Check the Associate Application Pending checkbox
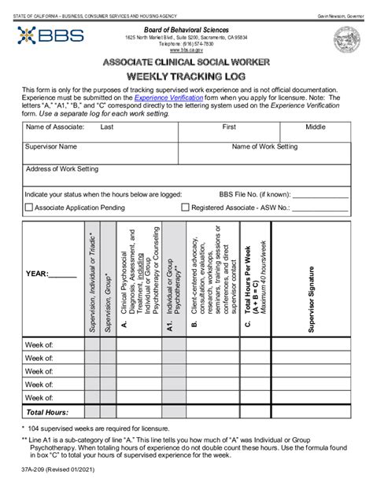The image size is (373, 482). (29, 208)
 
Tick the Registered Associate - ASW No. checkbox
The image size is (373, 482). (186, 208)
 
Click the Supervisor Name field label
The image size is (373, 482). (52, 146)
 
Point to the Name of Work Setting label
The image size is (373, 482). (264, 146)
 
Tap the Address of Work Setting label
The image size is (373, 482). (62, 168)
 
